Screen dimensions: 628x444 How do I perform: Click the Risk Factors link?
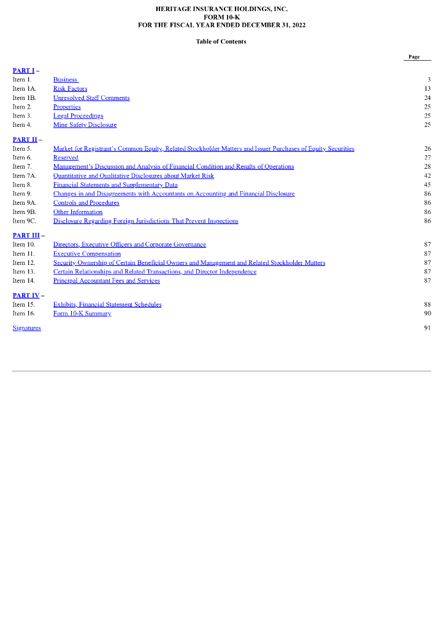click(x=70, y=89)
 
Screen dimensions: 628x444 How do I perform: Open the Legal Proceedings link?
click(x=78, y=116)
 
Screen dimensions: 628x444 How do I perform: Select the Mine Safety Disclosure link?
click(x=85, y=125)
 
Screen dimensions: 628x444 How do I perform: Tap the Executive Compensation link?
click(x=86, y=254)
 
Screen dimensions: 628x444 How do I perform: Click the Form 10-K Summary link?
click(x=82, y=313)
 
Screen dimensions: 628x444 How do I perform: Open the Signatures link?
click(x=27, y=328)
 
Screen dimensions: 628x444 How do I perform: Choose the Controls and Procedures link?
click(x=86, y=203)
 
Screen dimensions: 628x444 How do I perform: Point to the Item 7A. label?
click(x=25, y=176)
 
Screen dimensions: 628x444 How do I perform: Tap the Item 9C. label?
click(x=25, y=221)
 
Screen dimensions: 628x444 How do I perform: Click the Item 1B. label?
click(x=25, y=98)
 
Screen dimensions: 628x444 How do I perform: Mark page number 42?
click(x=427, y=176)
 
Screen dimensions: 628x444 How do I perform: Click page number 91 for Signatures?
click(x=427, y=328)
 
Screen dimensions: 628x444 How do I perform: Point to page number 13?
click(x=427, y=89)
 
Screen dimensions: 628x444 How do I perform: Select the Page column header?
click(x=415, y=57)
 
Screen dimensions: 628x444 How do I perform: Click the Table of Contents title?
click(x=221, y=42)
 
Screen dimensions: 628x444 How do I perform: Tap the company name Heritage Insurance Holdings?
click(x=221, y=9)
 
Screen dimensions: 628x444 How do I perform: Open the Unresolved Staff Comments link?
click(x=91, y=98)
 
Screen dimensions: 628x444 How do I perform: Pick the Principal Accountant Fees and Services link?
click(x=106, y=281)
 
